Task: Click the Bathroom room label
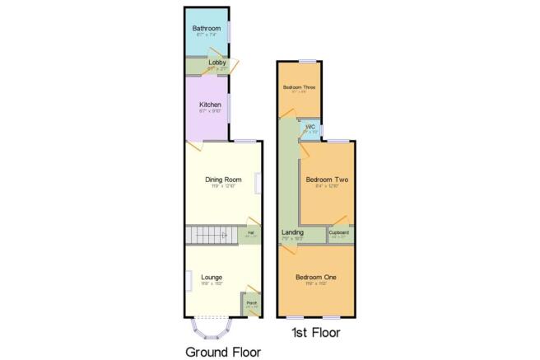[x=205, y=28]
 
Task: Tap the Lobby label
[x=206, y=62]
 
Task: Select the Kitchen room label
[x=206, y=105]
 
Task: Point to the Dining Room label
[x=222, y=179]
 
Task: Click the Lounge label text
[x=212, y=277]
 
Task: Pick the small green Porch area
[x=251, y=305]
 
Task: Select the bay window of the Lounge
[x=210, y=330]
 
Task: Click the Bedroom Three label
[x=299, y=86]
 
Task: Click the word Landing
[x=292, y=233]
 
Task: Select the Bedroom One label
[x=316, y=277]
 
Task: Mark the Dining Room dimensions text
[x=222, y=186]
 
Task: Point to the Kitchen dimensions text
[x=206, y=112]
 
